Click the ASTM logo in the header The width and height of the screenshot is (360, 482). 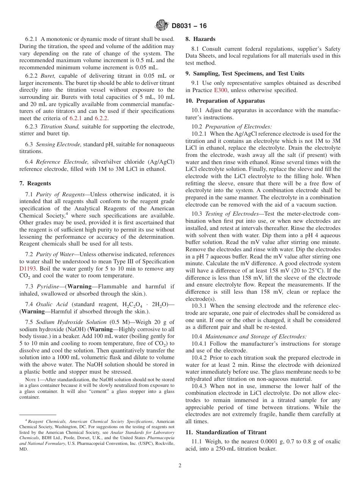(162, 26)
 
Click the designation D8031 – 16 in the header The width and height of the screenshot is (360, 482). (189, 26)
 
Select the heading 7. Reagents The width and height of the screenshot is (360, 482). (35, 183)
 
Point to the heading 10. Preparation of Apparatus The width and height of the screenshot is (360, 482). (225, 101)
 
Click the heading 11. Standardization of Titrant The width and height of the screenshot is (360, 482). (226, 432)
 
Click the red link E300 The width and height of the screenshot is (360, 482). (220, 90)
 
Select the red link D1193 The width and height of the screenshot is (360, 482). (27, 269)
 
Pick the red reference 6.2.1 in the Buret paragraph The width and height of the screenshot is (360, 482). (76, 118)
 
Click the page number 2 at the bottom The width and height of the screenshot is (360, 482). (180, 465)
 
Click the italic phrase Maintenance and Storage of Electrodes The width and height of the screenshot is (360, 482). (255, 336)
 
